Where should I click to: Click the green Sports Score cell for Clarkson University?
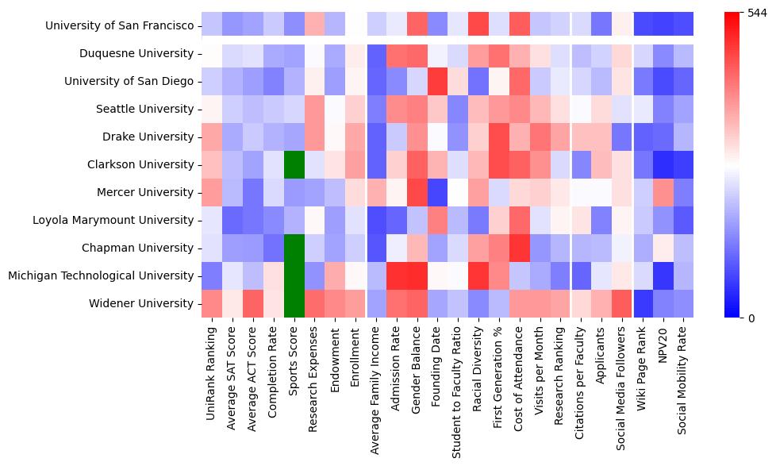click(294, 164)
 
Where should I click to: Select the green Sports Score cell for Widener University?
click(294, 303)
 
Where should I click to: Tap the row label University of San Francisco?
click(120, 25)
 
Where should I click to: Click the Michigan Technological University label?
click(101, 275)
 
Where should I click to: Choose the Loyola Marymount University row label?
click(111, 220)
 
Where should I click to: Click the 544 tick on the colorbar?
click(757, 13)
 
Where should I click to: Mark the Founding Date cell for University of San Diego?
click(439, 81)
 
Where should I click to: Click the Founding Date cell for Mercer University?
click(439, 192)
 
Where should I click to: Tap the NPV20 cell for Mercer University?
click(664, 192)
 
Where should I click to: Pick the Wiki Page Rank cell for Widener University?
click(643, 303)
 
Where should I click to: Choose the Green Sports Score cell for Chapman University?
click(294, 248)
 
